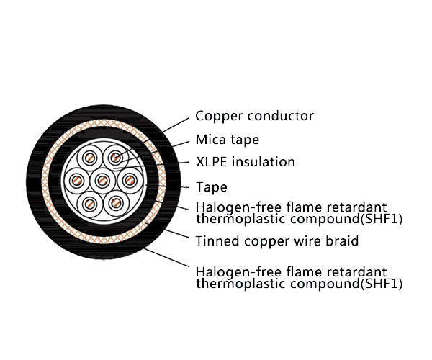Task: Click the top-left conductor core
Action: point(90,158)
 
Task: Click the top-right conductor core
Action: point(115,158)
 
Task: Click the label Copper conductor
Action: point(254,116)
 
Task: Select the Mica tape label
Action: point(227,140)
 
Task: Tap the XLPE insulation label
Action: point(245,162)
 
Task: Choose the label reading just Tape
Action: point(211,187)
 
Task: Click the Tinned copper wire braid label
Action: point(277,240)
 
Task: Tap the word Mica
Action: point(209,140)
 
